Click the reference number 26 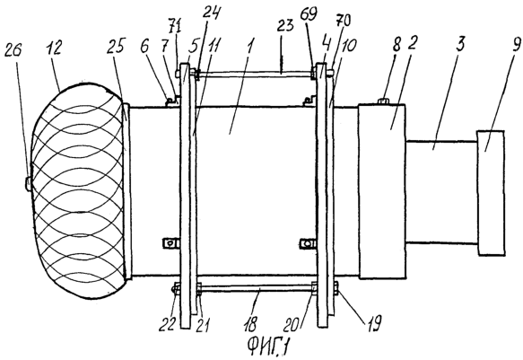(x=13, y=50)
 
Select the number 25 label (x=116, y=46)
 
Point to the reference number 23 (x=286, y=25)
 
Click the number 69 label (x=309, y=14)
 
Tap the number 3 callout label (x=460, y=44)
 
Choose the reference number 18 (x=251, y=323)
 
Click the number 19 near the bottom (x=374, y=323)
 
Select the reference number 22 (x=167, y=323)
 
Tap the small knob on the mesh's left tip (x=29, y=184)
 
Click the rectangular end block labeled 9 (x=491, y=193)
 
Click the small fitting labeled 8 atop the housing (x=384, y=101)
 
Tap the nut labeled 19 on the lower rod (x=336, y=288)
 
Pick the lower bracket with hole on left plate (x=171, y=243)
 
